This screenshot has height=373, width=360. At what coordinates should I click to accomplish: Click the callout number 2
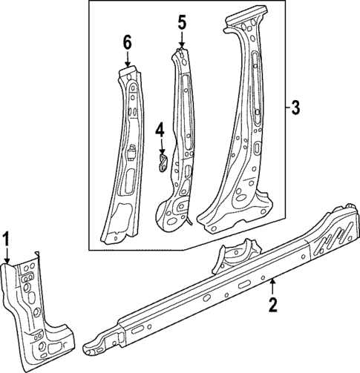273,304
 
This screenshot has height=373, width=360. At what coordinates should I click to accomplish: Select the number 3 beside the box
295,109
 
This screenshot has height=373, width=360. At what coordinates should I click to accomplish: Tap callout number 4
159,131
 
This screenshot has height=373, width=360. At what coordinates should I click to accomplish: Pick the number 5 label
181,22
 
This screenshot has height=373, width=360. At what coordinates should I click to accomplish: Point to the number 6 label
127,43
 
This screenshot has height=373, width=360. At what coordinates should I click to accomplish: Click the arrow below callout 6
127,61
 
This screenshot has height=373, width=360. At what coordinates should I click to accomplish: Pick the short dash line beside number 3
285,109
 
